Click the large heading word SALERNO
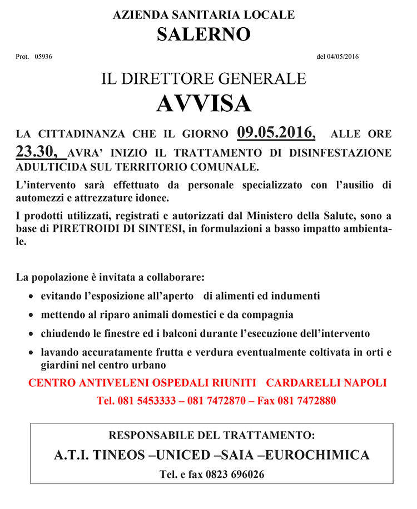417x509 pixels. coord(203,34)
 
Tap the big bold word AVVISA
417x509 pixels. coord(203,103)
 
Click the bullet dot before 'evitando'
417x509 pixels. coord(31,297)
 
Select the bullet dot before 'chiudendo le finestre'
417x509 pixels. coord(31,335)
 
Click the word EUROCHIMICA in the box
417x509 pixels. coord(317,455)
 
